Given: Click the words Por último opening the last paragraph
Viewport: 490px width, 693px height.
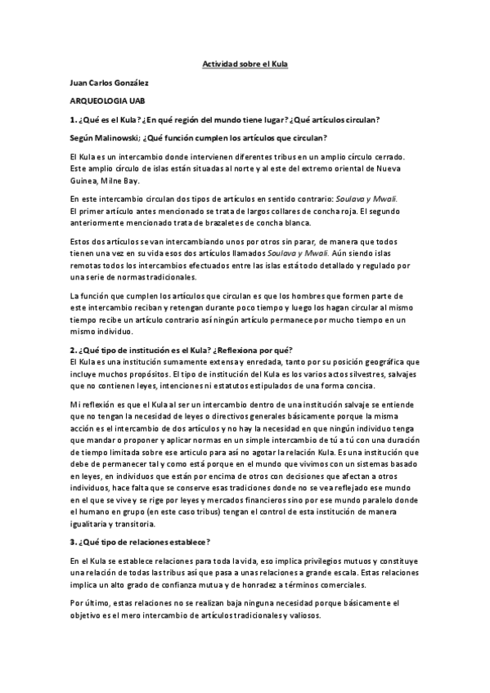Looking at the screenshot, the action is [90, 603].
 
